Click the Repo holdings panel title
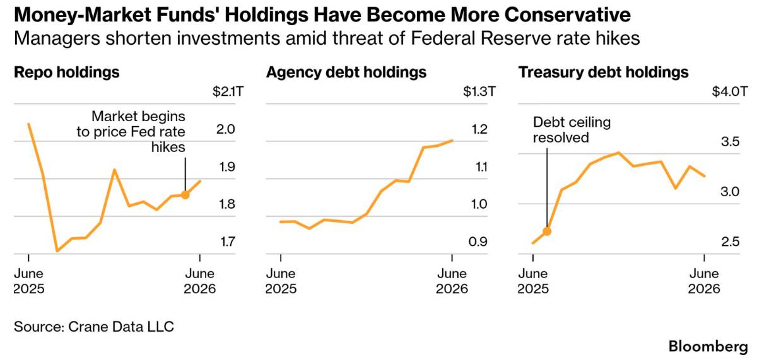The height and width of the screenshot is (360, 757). [x=67, y=73]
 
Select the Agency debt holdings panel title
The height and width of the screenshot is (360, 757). [x=346, y=73]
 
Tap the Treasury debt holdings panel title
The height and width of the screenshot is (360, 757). [x=604, y=73]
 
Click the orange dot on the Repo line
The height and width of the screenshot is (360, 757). [x=185, y=195]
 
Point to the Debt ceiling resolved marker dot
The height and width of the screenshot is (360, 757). [x=547, y=231]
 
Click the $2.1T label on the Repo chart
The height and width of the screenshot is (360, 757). [x=228, y=91]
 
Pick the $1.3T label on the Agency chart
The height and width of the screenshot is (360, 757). [x=479, y=91]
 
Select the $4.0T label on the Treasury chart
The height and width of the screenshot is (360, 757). [x=730, y=91]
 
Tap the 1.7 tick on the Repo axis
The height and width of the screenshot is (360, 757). [x=228, y=242]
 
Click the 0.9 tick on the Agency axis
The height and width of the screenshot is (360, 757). [x=478, y=242]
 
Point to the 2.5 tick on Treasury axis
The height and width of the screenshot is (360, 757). [x=731, y=242]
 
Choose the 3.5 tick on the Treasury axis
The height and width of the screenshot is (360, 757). [x=731, y=141]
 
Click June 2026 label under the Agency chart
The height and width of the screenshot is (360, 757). [x=452, y=281]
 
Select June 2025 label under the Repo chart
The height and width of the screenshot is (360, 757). [x=29, y=281]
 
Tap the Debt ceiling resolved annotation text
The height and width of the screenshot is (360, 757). [x=572, y=130]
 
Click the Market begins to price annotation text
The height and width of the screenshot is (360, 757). [x=131, y=132]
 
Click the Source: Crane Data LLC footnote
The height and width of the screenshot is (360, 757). [x=94, y=327]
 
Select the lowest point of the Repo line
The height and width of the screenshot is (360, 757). [x=57, y=251]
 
